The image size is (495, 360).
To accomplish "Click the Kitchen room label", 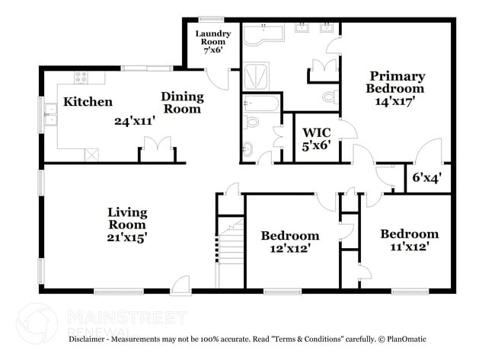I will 88,102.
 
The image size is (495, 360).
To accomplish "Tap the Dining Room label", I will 182,102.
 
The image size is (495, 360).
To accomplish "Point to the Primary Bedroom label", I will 396,82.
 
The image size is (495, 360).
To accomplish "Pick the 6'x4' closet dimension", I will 426,180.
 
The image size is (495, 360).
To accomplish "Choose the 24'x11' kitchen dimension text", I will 135,121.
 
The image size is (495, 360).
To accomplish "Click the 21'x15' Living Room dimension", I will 126,237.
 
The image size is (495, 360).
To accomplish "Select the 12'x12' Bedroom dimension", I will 289,248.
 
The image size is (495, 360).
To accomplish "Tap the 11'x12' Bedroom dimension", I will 410,247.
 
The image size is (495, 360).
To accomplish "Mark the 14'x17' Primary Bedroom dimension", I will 393,102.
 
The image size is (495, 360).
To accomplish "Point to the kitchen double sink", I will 51,118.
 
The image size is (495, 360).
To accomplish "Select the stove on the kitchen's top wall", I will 81,77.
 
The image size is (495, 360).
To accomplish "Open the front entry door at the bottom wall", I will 181,286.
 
